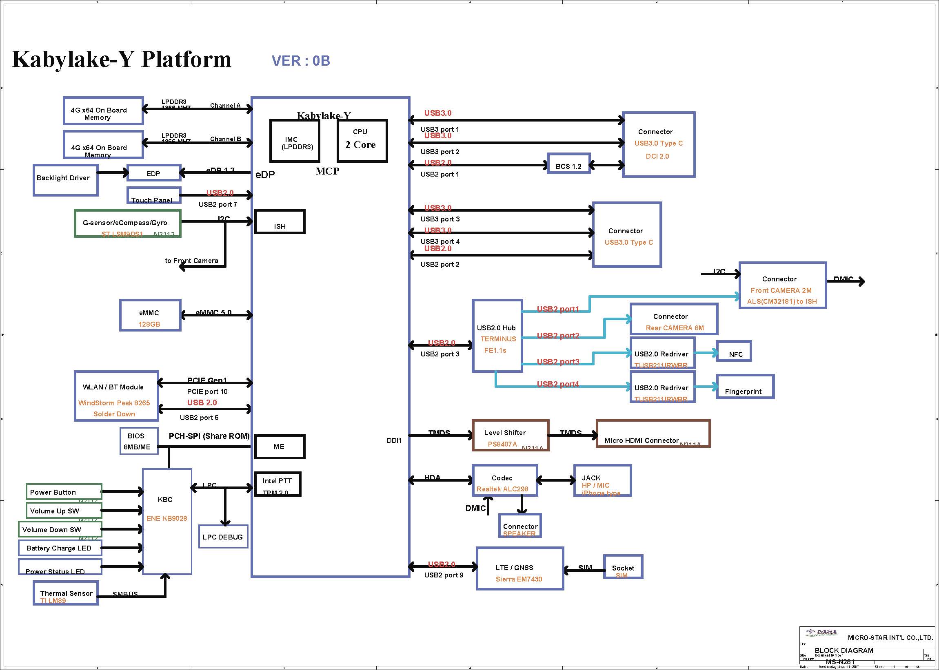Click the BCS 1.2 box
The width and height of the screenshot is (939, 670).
point(568,164)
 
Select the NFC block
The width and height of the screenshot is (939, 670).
point(733,351)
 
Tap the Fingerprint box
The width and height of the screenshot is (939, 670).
point(745,387)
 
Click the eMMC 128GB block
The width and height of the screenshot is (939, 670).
point(150,316)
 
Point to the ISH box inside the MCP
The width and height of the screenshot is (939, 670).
point(280,222)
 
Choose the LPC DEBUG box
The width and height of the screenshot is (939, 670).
point(223,536)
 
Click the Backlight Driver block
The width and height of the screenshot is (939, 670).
point(66,180)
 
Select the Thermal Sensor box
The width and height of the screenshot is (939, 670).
point(66,593)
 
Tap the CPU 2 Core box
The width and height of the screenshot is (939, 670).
point(362,141)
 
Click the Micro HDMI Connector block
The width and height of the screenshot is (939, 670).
point(653,433)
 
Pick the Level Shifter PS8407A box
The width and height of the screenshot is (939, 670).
point(510,436)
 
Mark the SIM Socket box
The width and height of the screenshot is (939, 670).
point(623,567)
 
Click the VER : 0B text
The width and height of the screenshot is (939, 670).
point(300,61)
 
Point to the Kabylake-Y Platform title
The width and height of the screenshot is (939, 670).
point(122,59)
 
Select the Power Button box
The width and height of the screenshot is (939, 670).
point(64,492)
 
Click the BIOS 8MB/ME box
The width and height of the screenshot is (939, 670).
point(139,441)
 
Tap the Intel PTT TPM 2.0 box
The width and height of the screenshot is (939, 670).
point(277,484)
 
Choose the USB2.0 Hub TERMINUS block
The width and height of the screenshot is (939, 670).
point(497,336)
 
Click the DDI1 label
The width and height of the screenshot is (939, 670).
point(394,440)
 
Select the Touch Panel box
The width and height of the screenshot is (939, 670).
point(153,196)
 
